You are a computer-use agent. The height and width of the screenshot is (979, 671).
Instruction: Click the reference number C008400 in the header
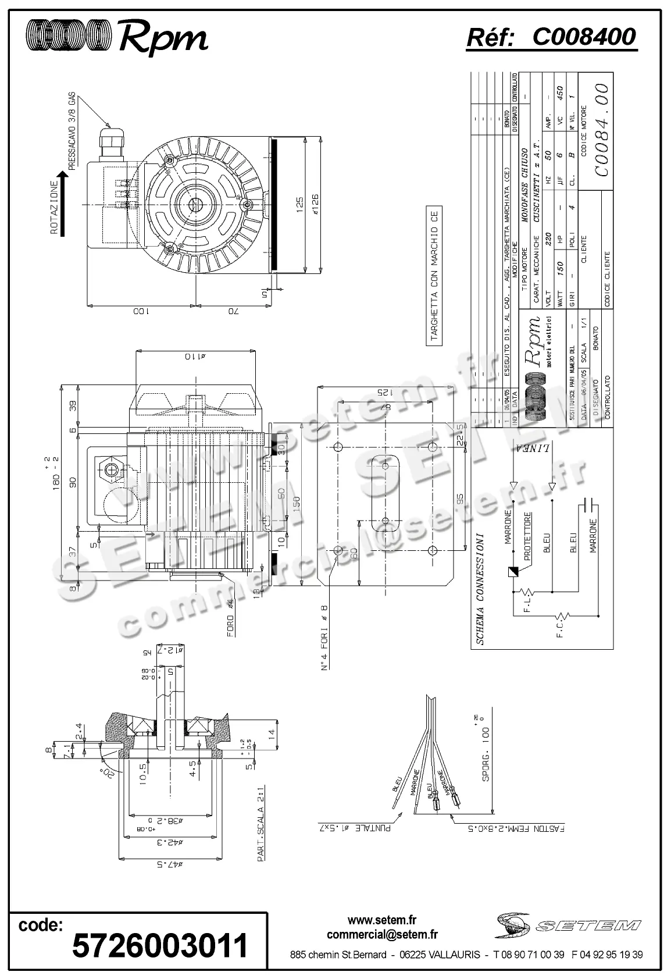pos(584,37)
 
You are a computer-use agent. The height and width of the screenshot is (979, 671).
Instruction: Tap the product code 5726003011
pos(159,945)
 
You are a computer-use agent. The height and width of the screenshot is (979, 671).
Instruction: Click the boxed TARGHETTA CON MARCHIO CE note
pos(434,276)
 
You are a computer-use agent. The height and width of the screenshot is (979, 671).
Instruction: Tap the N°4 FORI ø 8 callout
pos(324,637)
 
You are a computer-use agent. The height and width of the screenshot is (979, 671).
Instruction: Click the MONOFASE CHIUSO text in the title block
pos(524,171)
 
